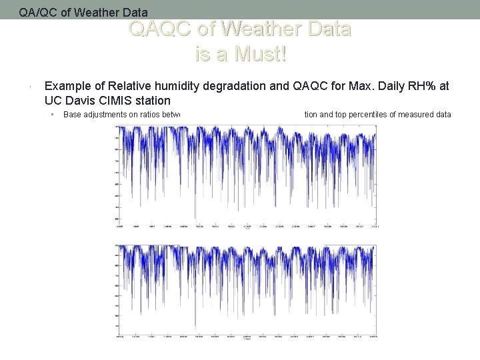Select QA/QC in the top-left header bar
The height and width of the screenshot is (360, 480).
36,12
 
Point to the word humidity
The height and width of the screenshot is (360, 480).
191,87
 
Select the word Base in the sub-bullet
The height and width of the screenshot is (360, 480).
72,115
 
